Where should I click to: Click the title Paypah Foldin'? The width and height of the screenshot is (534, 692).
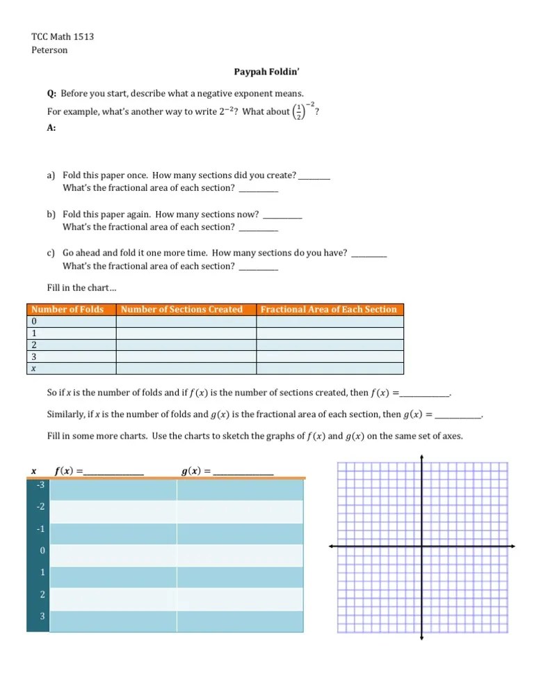pyautogui.click(x=267, y=72)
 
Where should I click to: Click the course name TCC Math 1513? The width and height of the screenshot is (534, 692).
pyautogui.click(x=63, y=36)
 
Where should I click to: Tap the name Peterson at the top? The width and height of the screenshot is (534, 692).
pyautogui.click(x=50, y=50)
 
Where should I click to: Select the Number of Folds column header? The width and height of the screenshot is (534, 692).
pyautogui.click(x=68, y=310)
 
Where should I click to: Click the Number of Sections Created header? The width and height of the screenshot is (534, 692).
pyautogui.click(x=181, y=310)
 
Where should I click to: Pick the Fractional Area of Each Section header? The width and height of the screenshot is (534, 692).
pyautogui.click(x=328, y=310)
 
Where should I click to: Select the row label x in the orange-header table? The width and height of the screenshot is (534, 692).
pyautogui.click(x=35, y=368)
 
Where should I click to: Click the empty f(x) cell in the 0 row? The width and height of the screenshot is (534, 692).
pyautogui.click(x=113, y=551)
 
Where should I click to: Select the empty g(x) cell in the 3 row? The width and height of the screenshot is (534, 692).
pyautogui.click(x=240, y=618)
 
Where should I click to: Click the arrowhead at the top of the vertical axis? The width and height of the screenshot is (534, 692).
pyautogui.click(x=422, y=457)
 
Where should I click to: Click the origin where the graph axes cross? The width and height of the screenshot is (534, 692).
pyautogui.click(x=422, y=546)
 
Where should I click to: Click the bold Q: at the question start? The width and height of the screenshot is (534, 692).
pyautogui.click(x=51, y=94)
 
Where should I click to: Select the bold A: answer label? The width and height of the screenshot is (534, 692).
pyautogui.click(x=51, y=128)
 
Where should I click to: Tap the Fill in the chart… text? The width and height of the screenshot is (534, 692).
pyautogui.click(x=76, y=288)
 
